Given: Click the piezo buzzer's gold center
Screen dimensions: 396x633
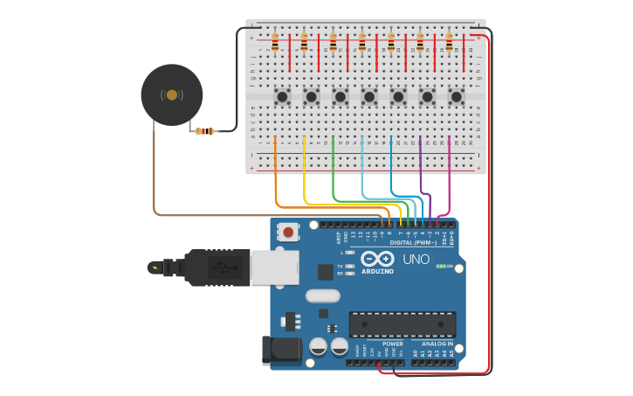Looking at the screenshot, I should tap(172, 94).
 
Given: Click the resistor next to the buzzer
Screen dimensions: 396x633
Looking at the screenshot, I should tap(205, 131).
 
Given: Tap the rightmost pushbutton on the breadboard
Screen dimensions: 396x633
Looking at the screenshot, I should tap(456, 96).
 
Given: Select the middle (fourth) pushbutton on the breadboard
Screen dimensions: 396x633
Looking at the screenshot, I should tap(369, 96).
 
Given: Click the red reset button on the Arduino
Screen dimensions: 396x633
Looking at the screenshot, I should tap(287, 232).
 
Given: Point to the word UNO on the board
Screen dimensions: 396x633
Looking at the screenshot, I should tap(416, 259).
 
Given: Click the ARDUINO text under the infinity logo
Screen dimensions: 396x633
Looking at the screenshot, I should tap(377, 271).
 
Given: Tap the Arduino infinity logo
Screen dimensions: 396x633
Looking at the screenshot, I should tap(377, 259).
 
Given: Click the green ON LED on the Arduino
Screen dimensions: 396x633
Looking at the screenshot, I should tap(441, 266).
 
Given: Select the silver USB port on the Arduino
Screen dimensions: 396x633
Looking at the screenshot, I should tap(274, 267).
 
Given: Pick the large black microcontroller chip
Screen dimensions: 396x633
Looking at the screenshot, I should tap(402, 324).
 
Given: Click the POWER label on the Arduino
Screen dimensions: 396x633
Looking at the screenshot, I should tap(393, 344).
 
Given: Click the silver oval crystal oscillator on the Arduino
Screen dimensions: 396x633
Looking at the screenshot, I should tap(322, 295).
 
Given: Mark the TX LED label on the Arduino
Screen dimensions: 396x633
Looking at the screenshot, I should tap(340, 266).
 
